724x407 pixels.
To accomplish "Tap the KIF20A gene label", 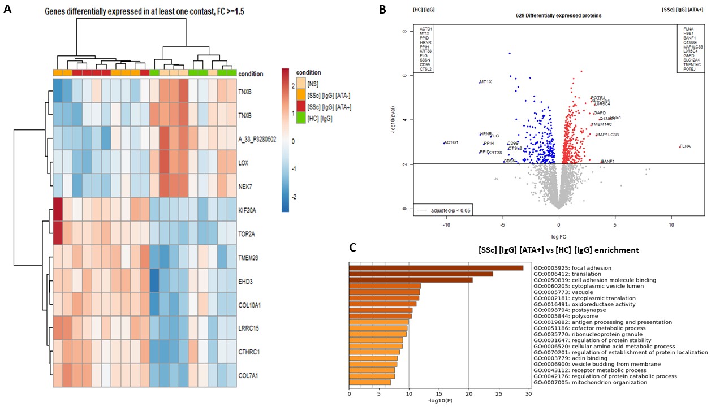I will (250, 210).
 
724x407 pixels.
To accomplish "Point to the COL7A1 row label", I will (250, 375).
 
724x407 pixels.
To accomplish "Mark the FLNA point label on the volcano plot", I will (685, 146).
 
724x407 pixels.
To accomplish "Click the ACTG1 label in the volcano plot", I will (451, 142).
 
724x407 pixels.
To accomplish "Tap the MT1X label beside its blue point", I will (485, 83).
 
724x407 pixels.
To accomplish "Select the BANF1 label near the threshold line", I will (607, 162).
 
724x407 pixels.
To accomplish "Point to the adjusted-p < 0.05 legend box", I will (443, 210).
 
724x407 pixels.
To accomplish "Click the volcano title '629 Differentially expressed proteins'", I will (559, 15).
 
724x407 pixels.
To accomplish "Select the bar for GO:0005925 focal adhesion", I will (436, 267).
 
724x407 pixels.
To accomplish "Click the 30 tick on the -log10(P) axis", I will (529, 394).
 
